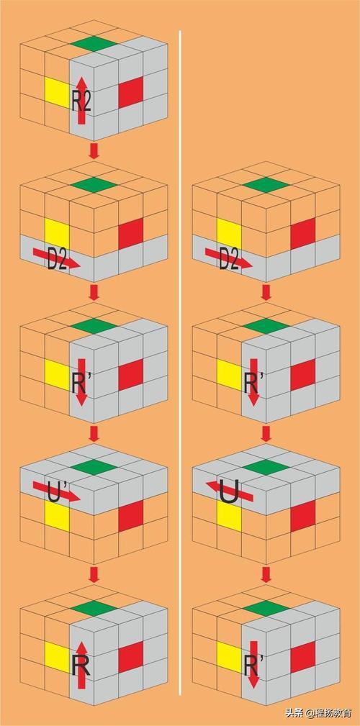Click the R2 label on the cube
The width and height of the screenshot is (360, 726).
click(x=81, y=101)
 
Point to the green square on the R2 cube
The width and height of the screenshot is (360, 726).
click(x=94, y=42)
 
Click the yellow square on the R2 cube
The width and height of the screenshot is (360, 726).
click(x=57, y=92)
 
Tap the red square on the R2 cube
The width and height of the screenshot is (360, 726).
click(x=130, y=92)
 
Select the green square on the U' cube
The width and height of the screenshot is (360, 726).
click(x=94, y=467)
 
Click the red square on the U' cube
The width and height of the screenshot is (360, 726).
click(x=130, y=516)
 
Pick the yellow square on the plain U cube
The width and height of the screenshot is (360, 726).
click(x=229, y=515)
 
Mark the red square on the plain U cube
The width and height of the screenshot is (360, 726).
click(x=303, y=516)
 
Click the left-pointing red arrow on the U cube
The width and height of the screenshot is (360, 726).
click(x=229, y=491)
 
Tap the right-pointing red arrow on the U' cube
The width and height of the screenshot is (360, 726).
click(x=57, y=491)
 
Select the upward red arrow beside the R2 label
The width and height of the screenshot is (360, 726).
click(x=81, y=101)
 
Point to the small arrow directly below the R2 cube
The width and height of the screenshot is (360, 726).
click(x=94, y=151)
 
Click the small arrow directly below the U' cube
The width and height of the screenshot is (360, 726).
click(x=94, y=575)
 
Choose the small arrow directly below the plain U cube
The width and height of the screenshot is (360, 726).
click(x=266, y=575)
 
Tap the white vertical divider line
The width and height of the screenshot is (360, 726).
click(x=180, y=363)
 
